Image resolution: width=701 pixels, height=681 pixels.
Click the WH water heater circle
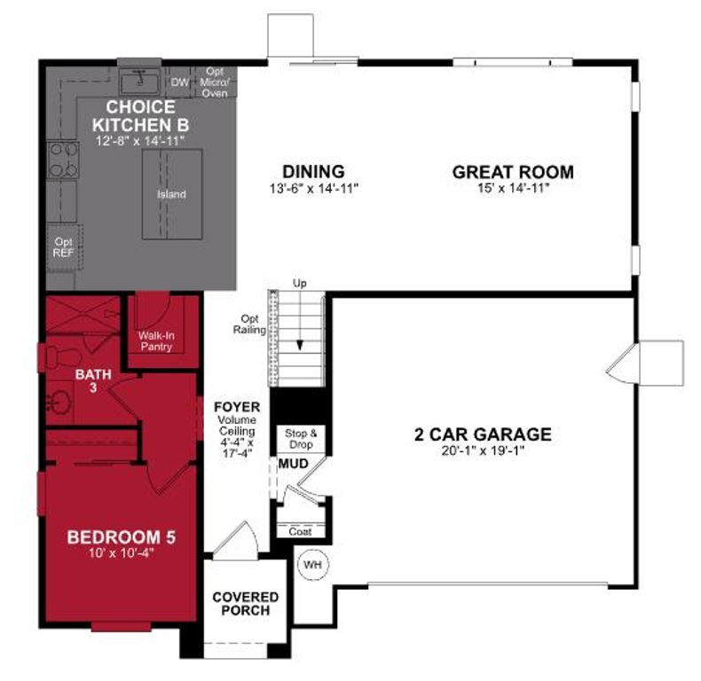pyautogui.click(x=311, y=565)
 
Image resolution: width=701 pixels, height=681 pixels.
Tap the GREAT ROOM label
pyautogui.click(x=513, y=172)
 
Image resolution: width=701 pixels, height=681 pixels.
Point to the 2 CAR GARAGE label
pyautogui.click(x=483, y=434)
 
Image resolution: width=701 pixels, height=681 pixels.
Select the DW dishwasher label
pyautogui.click(x=180, y=82)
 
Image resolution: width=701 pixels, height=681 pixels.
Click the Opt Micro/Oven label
pyautogui.click(x=216, y=82)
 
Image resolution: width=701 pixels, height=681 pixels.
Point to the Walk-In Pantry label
pyautogui.click(x=155, y=341)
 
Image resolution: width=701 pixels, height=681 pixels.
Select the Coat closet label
pyautogui.click(x=300, y=532)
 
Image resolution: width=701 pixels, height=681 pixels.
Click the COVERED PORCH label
pyautogui.click(x=246, y=604)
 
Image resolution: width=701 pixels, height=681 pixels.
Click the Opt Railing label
pyautogui.click(x=251, y=325)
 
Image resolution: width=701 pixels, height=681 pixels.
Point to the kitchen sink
pyautogui.click(x=138, y=82)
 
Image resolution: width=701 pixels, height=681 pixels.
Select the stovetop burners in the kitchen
pyautogui.click(x=62, y=159)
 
